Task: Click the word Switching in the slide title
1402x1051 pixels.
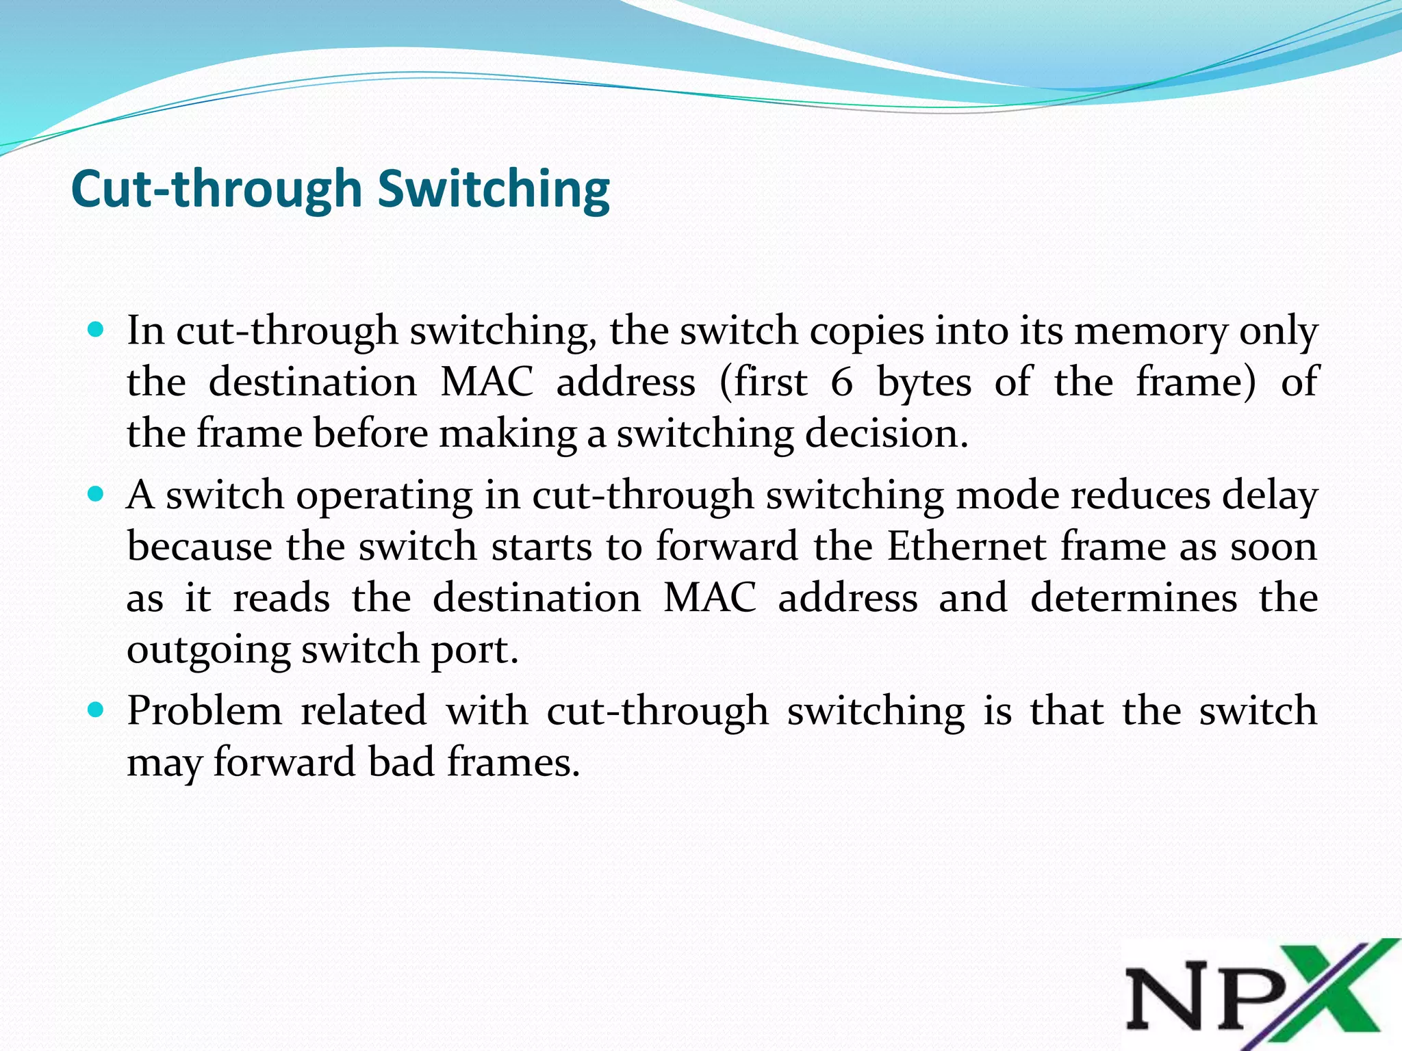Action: pos(494,190)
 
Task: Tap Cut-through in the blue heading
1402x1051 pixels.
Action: pos(216,190)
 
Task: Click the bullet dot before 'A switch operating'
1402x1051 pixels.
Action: pos(96,493)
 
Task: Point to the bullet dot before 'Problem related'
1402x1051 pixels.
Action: pos(96,710)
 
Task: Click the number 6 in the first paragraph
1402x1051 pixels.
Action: pos(841,382)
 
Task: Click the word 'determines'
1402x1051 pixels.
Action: pos(1134,597)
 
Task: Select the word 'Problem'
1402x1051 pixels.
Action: pos(205,710)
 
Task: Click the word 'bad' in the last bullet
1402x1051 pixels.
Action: pos(401,762)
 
